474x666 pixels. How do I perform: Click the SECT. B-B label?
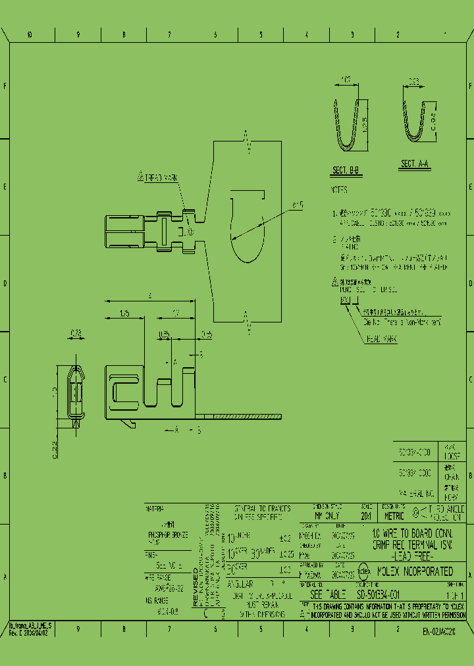[346, 171]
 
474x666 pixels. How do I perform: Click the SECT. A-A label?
[415, 164]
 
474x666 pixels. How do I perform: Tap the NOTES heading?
[338, 190]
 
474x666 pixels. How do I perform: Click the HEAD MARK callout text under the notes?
[381, 340]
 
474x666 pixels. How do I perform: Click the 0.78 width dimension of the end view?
[76, 334]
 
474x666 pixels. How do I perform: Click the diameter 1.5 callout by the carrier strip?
[298, 205]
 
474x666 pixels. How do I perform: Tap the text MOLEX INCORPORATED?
[415, 571]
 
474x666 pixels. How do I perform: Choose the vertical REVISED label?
[194, 586]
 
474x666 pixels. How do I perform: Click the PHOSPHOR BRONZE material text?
[167, 535]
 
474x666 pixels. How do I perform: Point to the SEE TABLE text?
[323, 594]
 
